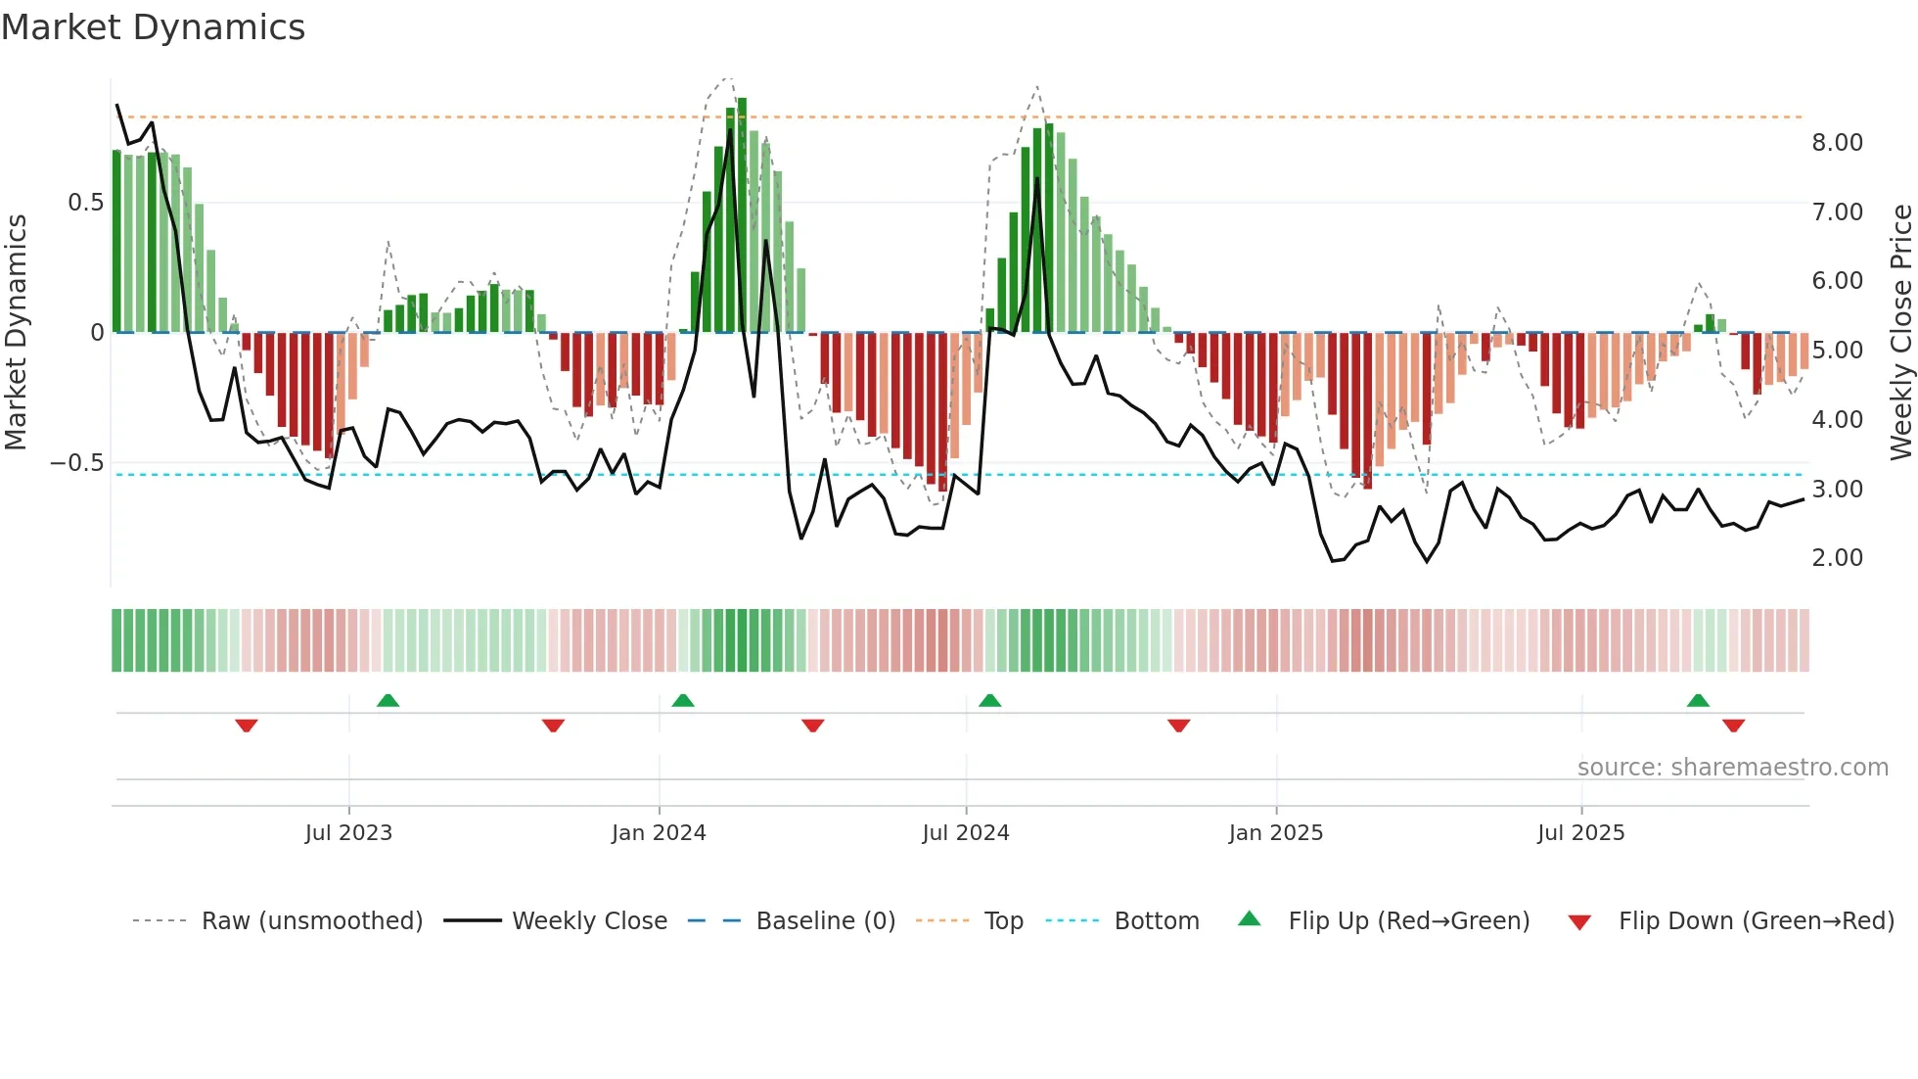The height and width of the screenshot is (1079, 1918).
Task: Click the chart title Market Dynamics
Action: point(153,27)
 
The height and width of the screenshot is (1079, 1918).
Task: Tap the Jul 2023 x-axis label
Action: point(348,833)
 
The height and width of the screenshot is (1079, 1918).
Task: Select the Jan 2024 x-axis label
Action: point(659,833)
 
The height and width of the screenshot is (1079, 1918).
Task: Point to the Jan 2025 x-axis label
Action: point(1276,833)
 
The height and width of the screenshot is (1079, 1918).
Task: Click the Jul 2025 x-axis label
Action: point(1580,833)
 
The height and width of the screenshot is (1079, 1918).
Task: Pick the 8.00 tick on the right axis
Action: point(1837,143)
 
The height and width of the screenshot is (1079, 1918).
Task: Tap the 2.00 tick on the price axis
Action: point(1837,558)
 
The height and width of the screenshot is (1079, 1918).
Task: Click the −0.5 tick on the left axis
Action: point(77,463)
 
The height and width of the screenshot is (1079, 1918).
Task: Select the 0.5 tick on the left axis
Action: point(85,203)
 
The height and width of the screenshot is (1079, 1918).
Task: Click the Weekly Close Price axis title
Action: point(1900,332)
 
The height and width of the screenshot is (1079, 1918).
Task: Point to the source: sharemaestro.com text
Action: point(1732,768)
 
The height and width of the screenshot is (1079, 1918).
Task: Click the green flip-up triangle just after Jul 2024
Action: point(989,701)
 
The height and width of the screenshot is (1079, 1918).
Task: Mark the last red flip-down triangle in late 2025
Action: point(1733,726)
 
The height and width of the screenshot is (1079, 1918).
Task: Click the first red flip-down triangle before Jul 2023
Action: point(247,726)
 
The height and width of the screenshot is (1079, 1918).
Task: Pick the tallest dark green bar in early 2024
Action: point(742,215)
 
